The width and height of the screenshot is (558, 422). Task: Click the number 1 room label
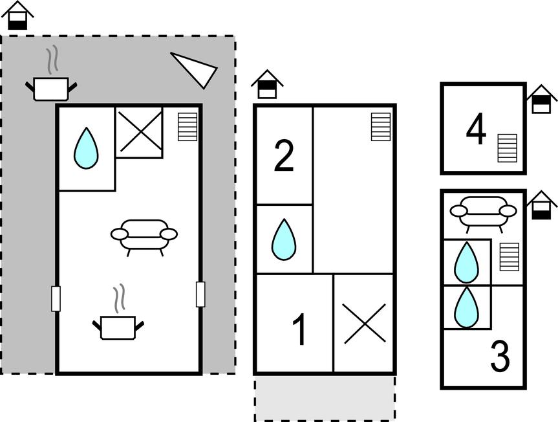tap(299, 330)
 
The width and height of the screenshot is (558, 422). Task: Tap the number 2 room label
tap(284, 157)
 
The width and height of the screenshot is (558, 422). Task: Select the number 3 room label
tap(500, 357)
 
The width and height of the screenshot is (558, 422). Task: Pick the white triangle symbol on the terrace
tap(195, 69)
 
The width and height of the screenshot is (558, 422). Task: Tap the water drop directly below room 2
tap(283, 239)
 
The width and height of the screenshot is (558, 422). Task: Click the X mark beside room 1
tap(365, 324)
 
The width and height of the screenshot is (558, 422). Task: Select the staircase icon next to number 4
tap(508, 148)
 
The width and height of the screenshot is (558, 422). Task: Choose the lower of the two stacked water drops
tap(466, 308)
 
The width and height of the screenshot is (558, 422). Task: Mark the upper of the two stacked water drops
tap(466, 263)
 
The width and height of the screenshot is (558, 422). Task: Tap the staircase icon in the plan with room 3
tap(510, 257)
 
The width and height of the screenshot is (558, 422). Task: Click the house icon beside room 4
tap(541, 100)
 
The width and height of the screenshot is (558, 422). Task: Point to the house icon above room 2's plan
tap(267, 85)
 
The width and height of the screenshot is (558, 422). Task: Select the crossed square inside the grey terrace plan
tap(139, 132)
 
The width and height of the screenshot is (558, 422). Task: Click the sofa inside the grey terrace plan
tap(144, 236)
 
